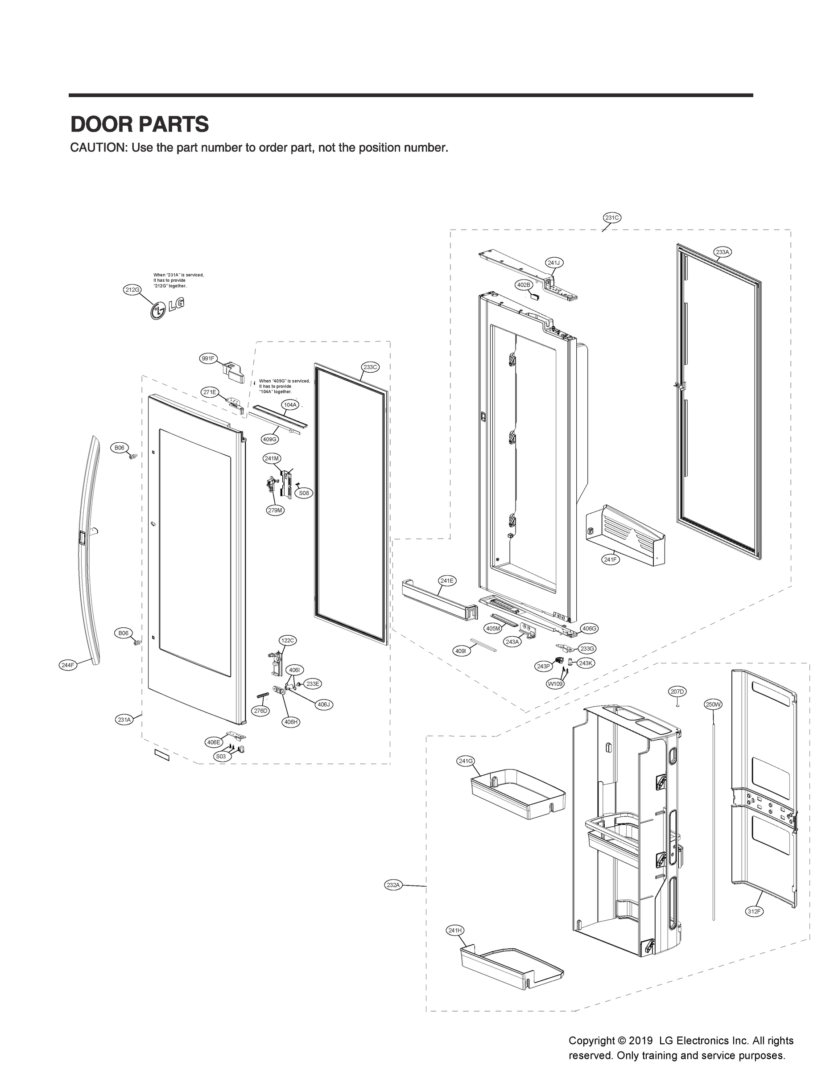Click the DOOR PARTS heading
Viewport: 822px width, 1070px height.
pyautogui.click(x=140, y=124)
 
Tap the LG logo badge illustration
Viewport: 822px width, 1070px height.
pyautogui.click(x=167, y=309)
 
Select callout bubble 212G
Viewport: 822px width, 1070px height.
pyautogui.click(x=132, y=289)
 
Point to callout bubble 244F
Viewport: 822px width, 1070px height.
pyautogui.click(x=68, y=665)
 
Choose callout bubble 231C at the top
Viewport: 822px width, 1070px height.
pyautogui.click(x=611, y=218)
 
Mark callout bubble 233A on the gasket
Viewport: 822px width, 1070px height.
pyautogui.click(x=722, y=252)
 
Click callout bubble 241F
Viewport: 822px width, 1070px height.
pyautogui.click(x=610, y=560)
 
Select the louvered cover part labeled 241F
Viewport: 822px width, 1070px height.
pyautogui.click(x=626, y=535)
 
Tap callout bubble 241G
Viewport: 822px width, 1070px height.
pyautogui.click(x=465, y=761)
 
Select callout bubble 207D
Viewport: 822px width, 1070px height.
pyautogui.click(x=677, y=691)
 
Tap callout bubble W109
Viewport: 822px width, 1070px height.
pyautogui.click(x=555, y=683)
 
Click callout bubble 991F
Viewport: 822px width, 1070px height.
pyautogui.click(x=208, y=358)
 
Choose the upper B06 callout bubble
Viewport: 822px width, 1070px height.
pyautogui.click(x=120, y=448)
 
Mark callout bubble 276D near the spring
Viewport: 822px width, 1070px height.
pyautogui.click(x=261, y=711)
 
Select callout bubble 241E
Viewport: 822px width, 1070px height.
pyautogui.click(x=446, y=581)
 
